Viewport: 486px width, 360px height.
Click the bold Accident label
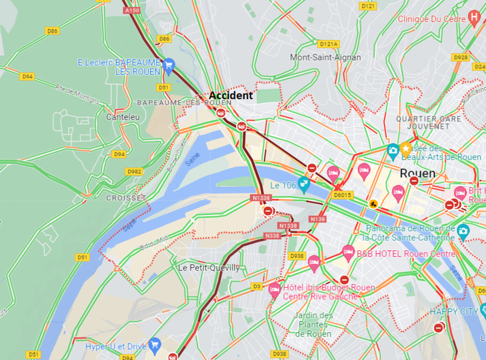click(x=231, y=95)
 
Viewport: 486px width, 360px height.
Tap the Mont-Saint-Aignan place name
click(x=325, y=58)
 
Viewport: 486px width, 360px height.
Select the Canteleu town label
click(x=123, y=117)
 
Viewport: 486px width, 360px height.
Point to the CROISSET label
click(x=125, y=197)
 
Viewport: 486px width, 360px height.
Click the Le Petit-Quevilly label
click(x=209, y=268)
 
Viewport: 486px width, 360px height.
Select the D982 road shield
click(x=134, y=171)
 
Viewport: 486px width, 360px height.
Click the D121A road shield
click(x=328, y=44)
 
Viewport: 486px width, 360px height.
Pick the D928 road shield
click(x=460, y=58)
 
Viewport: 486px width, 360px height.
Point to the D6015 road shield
click(x=342, y=195)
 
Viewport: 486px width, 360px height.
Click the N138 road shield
click(x=318, y=219)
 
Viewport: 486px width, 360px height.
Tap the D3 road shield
click(x=256, y=286)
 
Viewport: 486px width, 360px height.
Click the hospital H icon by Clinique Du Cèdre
click(x=474, y=18)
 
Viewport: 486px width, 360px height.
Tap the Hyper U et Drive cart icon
click(x=155, y=344)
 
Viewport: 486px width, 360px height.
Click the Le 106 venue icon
click(x=304, y=184)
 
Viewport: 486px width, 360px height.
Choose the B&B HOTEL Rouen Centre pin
click(x=348, y=253)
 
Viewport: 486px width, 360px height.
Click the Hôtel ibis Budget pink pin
click(x=274, y=289)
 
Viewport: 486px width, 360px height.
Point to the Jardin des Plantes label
click(x=313, y=324)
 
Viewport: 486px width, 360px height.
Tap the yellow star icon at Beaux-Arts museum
click(x=406, y=148)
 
